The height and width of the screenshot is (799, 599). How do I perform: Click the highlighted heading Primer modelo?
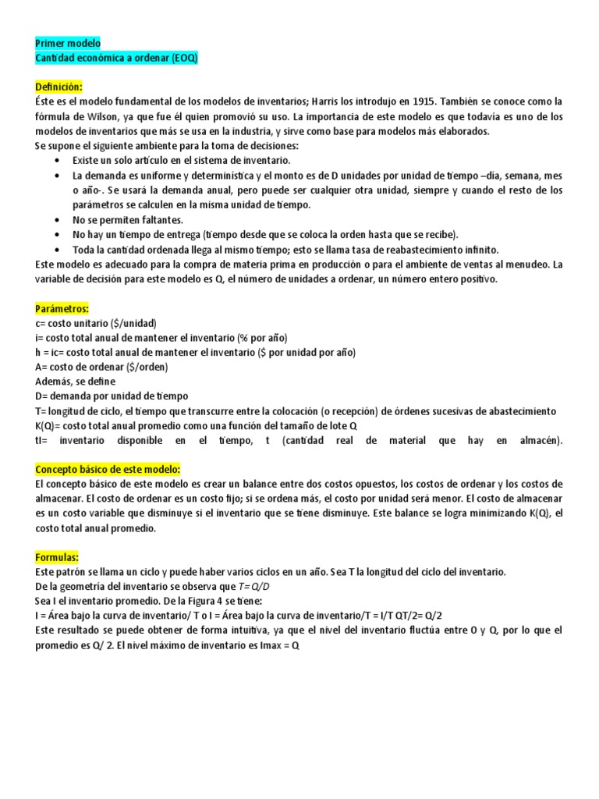tap(68, 44)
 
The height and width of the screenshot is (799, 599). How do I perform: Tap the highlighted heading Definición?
tap(58, 87)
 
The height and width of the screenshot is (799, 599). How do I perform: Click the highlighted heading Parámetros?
tap(62, 308)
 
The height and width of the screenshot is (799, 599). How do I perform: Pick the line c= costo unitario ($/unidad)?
tap(96, 323)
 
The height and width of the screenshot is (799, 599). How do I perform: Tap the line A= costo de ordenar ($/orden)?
tap(101, 367)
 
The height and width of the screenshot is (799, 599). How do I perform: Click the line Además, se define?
tap(75, 382)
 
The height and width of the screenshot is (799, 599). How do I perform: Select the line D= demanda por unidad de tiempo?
tap(112, 396)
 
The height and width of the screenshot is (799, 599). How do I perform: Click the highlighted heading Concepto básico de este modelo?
tap(108, 469)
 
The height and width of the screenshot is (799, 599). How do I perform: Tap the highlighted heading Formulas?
tap(57, 557)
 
